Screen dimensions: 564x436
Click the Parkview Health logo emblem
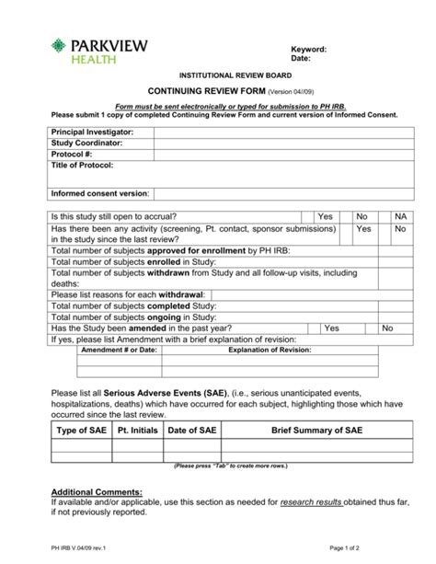61,50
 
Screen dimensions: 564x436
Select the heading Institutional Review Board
217,75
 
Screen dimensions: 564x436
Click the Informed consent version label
99,194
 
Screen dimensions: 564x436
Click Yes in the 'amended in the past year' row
332,328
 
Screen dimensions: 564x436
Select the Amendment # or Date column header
120,350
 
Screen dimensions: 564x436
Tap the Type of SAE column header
81,431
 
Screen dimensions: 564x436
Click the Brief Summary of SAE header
316,431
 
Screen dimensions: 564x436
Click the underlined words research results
312,503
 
